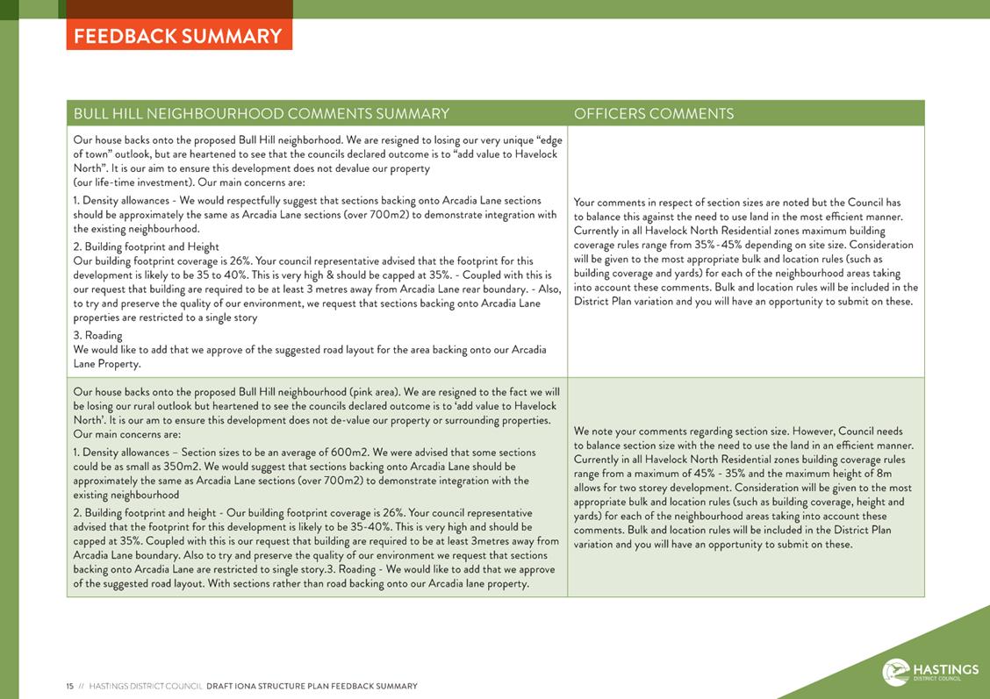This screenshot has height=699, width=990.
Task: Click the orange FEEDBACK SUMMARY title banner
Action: (x=178, y=36)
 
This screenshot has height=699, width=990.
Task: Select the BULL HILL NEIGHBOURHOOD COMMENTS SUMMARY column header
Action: (x=262, y=114)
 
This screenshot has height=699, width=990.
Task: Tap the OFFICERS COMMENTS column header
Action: (x=654, y=114)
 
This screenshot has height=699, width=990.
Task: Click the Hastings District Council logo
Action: (x=929, y=673)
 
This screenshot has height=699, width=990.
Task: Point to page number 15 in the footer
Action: (x=69, y=686)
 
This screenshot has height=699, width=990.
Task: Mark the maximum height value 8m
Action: (x=879, y=474)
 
